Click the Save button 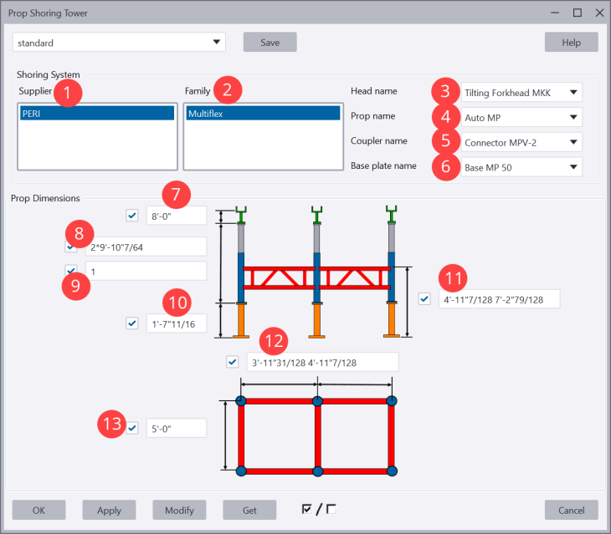[x=270, y=42]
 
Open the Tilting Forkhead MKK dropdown [x=520, y=92]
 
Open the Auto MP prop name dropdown [x=520, y=117]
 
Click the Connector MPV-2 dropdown [x=520, y=142]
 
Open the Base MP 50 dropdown [x=520, y=167]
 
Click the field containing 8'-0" [x=176, y=216]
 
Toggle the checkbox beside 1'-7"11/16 [x=132, y=323]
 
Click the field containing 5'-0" [x=176, y=428]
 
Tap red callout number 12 [x=272, y=340]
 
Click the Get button [x=249, y=510]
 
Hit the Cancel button [x=571, y=510]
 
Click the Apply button [x=109, y=510]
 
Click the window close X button [x=598, y=13]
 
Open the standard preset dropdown [x=119, y=42]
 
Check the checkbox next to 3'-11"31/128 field [x=233, y=362]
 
